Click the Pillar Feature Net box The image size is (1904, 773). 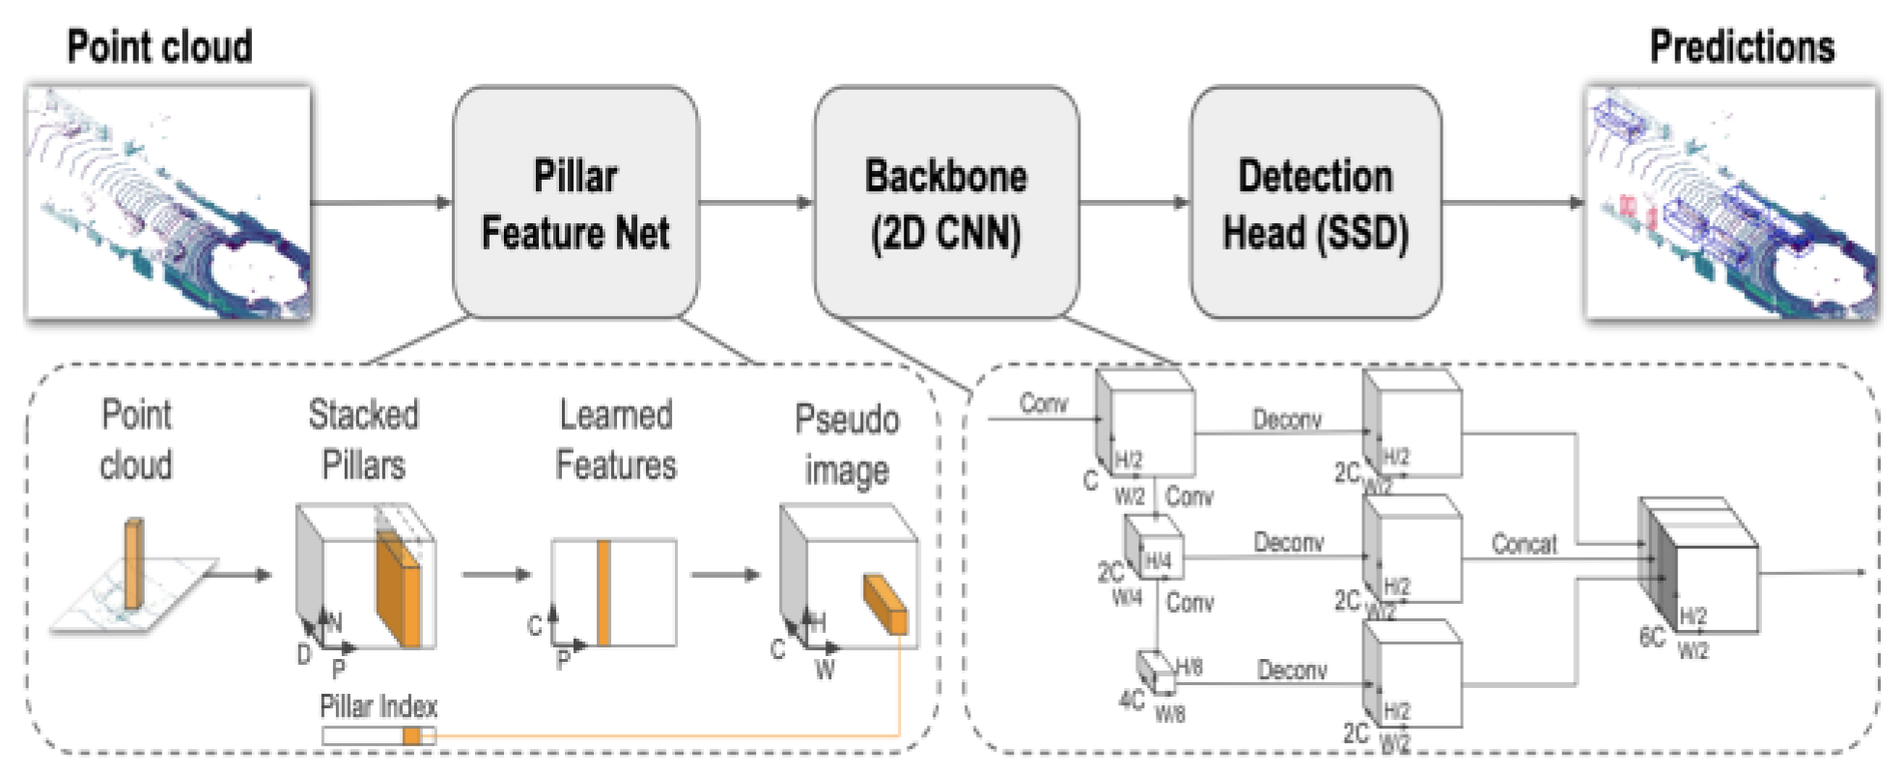pyautogui.click(x=575, y=203)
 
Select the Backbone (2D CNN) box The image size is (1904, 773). pyautogui.click(x=946, y=203)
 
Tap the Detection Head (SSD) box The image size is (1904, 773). pyautogui.click(x=1315, y=203)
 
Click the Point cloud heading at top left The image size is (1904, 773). pyautogui.click(x=159, y=46)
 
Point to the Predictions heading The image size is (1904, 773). pyautogui.click(x=1742, y=46)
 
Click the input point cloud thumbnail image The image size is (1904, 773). pyautogui.click(x=169, y=203)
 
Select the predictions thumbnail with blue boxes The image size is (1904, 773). pyautogui.click(x=1732, y=203)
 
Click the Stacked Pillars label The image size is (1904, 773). pyautogui.click(x=363, y=440)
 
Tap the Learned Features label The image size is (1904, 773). pyautogui.click(x=616, y=440)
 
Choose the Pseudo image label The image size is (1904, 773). pyautogui.click(x=847, y=444)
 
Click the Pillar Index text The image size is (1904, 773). pyautogui.click(x=378, y=706)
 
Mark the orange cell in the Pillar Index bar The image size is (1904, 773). pyautogui.click(x=412, y=736)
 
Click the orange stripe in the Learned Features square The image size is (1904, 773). pyautogui.click(x=603, y=592)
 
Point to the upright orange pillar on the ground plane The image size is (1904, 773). pyautogui.click(x=133, y=565)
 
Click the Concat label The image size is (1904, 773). pyautogui.click(x=1524, y=544)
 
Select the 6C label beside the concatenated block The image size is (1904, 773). pyautogui.click(x=1652, y=638)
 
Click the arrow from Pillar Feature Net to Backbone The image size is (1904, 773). pyautogui.click(x=756, y=203)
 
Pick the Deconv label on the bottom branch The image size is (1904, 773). pyautogui.click(x=1292, y=670)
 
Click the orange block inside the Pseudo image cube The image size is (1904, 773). pyautogui.click(x=885, y=603)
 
